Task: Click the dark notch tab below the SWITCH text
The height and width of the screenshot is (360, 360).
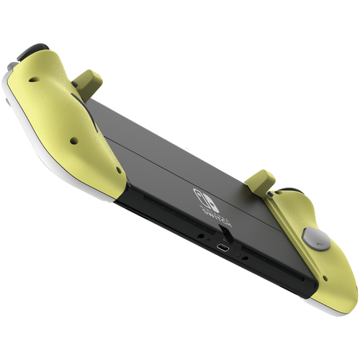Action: coord(224,229)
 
